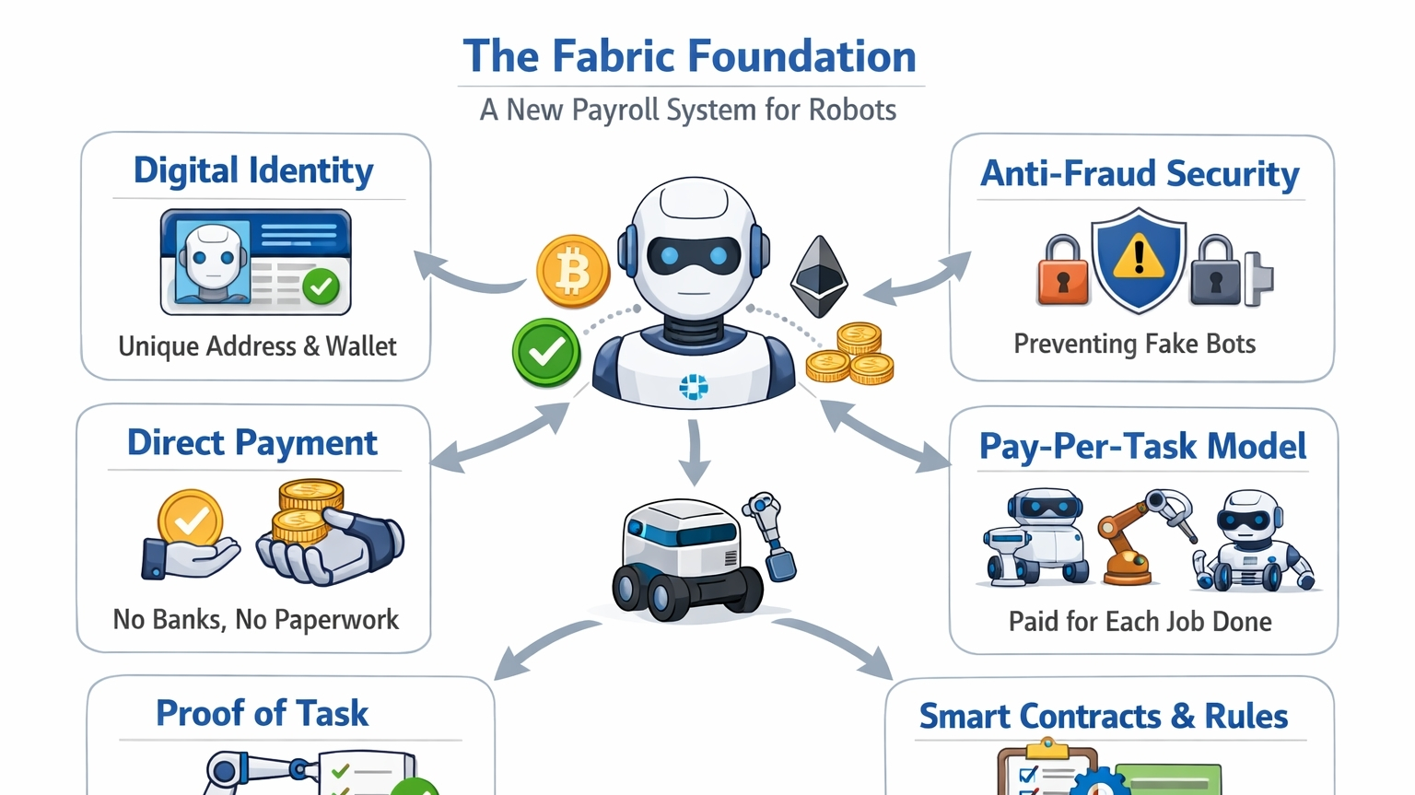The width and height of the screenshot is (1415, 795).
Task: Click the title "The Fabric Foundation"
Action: pyautogui.click(x=689, y=56)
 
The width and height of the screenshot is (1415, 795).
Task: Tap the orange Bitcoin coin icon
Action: pyautogui.click(x=572, y=272)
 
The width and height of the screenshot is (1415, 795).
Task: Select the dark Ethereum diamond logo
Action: pyautogui.click(x=818, y=275)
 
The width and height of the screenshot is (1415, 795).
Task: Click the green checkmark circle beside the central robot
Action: pyautogui.click(x=546, y=352)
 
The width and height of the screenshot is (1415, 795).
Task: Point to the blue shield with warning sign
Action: pyautogui.click(x=1139, y=259)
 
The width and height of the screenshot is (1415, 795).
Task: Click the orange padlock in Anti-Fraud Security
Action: pyautogui.click(x=1062, y=271)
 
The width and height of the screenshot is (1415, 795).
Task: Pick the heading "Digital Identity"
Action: pyautogui.click(x=253, y=171)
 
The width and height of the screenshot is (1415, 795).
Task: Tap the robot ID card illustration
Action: pyautogui.click(x=255, y=263)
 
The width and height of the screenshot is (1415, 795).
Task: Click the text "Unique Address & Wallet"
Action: pyautogui.click(x=257, y=346)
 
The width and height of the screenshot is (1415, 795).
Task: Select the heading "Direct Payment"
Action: pyautogui.click(x=251, y=443)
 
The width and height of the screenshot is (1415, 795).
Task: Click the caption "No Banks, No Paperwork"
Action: pyautogui.click(x=255, y=619)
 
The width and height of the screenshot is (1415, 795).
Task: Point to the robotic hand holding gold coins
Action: pyautogui.click(x=327, y=534)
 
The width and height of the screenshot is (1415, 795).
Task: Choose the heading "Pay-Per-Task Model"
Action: pyautogui.click(x=1142, y=447)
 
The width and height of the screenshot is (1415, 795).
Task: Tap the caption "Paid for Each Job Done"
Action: pyautogui.click(x=1140, y=622)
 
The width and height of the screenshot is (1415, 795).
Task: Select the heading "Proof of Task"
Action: pyautogui.click(x=262, y=713)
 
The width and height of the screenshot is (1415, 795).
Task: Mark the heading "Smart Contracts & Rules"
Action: pyautogui.click(x=1103, y=717)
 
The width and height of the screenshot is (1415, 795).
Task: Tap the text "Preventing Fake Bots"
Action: pyautogui.click(x=1134, y=344)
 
